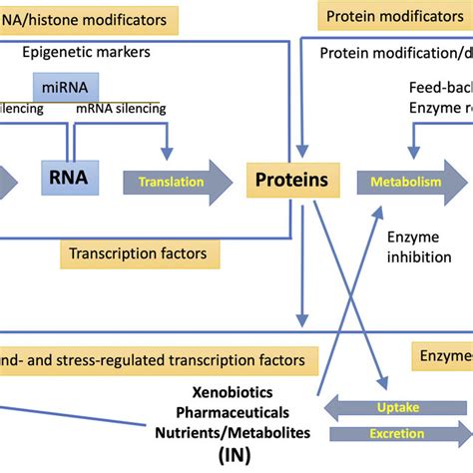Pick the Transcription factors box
click(x=139, y=253)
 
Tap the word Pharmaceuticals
click(x=232, y=412)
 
